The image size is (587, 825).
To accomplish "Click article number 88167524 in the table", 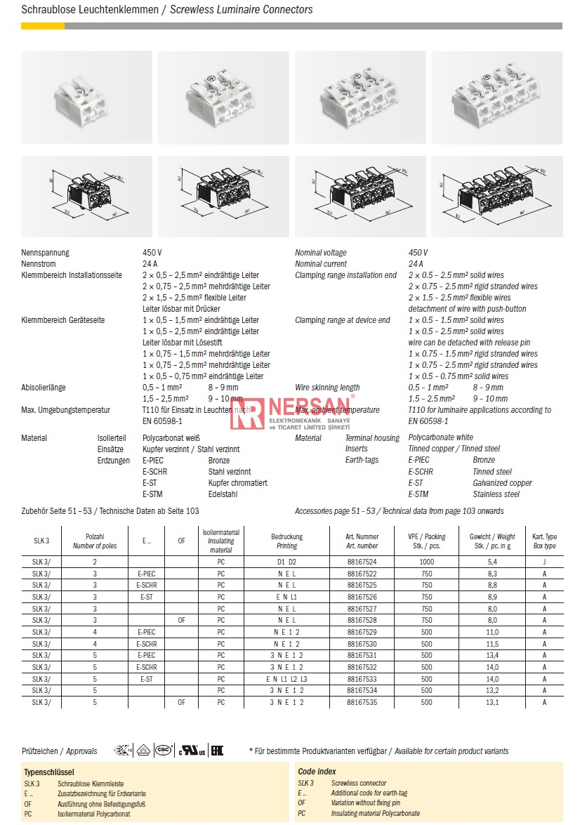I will (362, 562).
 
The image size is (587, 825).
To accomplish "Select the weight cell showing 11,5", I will (492, 644).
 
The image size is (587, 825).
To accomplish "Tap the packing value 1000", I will (426, 562).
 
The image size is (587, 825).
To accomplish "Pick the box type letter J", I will (544, 562).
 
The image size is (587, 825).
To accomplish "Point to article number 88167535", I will (362, 701).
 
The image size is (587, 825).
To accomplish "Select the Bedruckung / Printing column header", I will (286, 541).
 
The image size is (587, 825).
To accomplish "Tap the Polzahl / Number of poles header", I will (95, 541).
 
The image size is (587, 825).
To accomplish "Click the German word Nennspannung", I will (46, 253).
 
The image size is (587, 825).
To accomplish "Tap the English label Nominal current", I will (321, 264).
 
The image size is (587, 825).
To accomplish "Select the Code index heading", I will (317, 771).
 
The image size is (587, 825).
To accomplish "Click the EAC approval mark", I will (217, 751).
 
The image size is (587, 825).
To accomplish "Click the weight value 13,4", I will (492, 656).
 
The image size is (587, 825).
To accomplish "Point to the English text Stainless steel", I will (496, 494).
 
